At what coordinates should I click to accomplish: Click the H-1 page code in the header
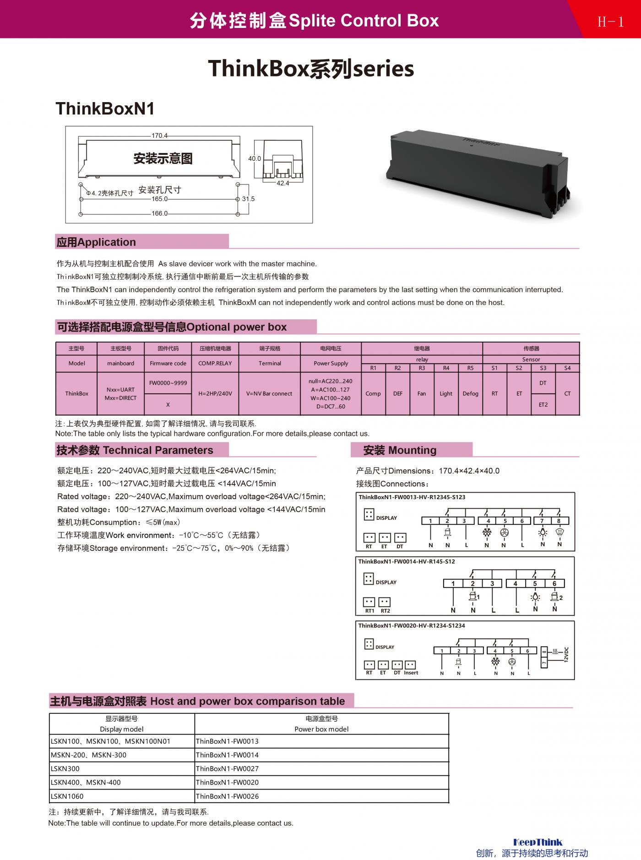click(x=610, y=22)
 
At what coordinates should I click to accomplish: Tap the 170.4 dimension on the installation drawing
click(x=159, y=136)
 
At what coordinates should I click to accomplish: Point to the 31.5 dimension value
click(x=248, y=199)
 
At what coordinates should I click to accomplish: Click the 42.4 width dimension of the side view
click(x=282, y=183)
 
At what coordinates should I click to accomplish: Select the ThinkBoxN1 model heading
click(x=105, y=109)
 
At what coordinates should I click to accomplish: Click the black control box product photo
click(x=478, y=171)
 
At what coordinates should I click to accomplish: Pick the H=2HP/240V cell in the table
click(x=215, y=393)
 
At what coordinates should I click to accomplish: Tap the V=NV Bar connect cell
click(x=269, y=393)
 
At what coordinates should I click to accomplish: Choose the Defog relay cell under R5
click(x=470, y=393)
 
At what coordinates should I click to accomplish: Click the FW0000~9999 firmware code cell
click(x=168, y=383)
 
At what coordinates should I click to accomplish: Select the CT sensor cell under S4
click(x=567, y=393)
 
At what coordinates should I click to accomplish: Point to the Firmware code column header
click(x=168, y=363)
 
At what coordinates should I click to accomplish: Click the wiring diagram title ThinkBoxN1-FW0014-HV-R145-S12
click(x=407, y=561)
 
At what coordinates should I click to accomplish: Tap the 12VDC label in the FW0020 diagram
click(x=566, y=654)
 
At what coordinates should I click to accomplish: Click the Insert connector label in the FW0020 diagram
click(x=411, y=673)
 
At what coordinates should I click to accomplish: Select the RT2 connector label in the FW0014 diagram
click(x=386, y=611)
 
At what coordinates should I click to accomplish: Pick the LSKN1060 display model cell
click(x=67, y=796)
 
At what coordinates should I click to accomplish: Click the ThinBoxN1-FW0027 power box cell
click(x=227, y=769)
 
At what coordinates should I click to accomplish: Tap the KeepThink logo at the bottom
click(x=538, y=842)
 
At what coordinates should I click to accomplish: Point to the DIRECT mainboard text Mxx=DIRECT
click(x=120, y=398)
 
